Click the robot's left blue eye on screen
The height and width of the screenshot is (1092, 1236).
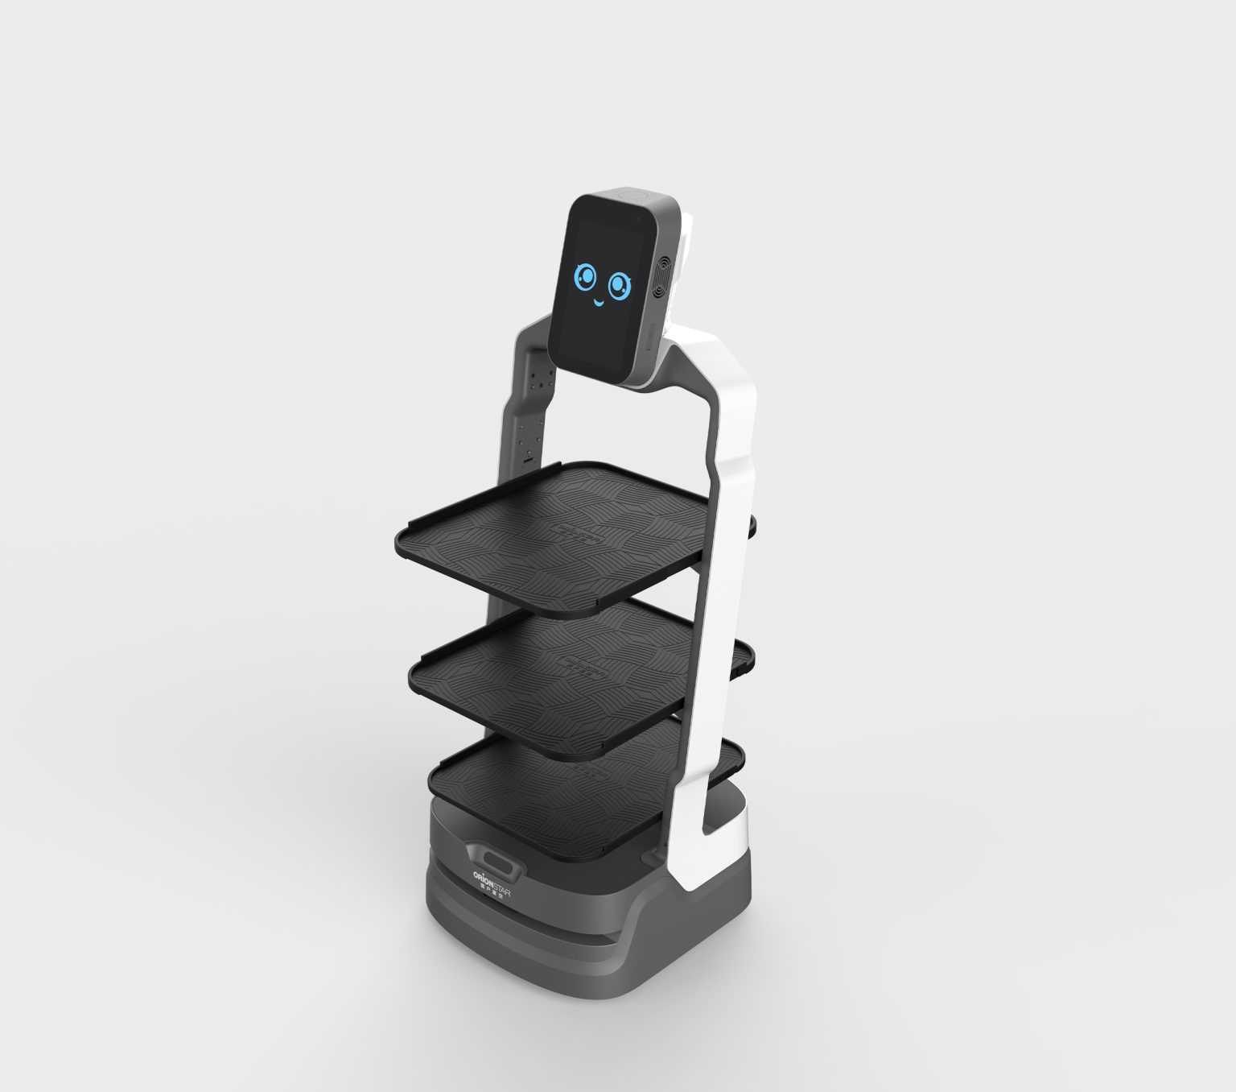click(x=585, y=279)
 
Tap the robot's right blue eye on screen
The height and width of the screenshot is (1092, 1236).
click(x=619, y=284)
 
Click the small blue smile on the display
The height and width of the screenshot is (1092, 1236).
click(x=599, y=304)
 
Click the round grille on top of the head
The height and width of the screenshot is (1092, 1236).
click(x=634, y=195)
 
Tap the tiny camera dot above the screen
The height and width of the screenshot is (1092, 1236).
click(x=636, y=217)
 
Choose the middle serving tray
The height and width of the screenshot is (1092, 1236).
click(x=555, y=676)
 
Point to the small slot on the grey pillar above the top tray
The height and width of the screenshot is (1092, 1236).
click(x=529, y=459)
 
